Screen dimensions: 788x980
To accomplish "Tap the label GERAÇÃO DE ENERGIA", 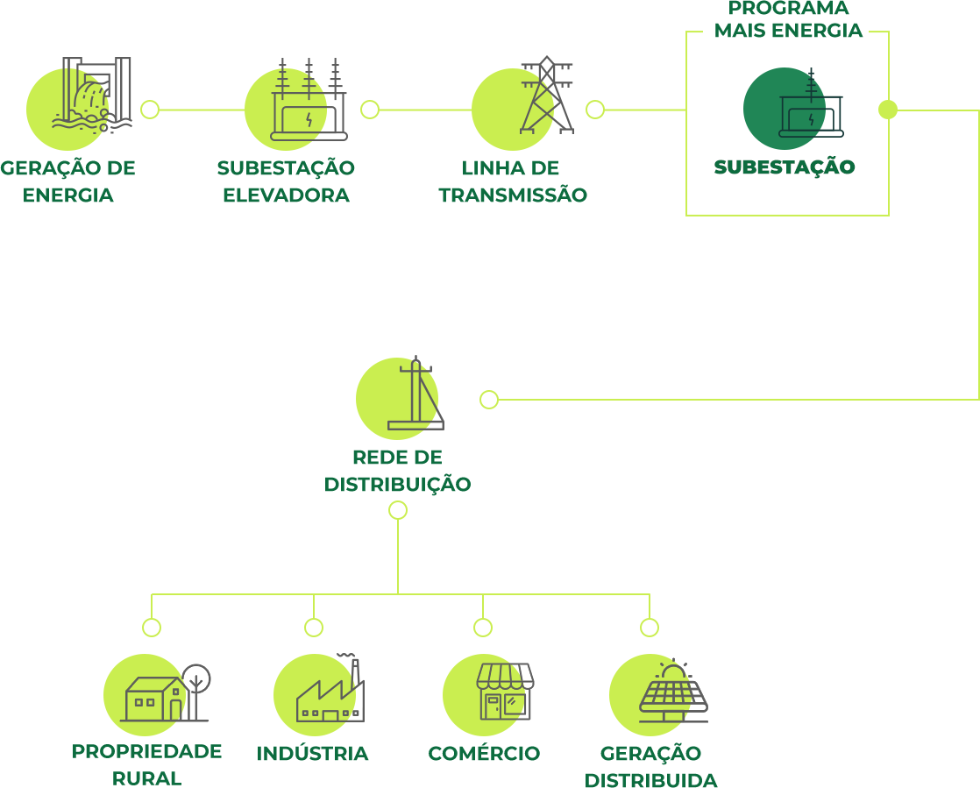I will click(67, 181).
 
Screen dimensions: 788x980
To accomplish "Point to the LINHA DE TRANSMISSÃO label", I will click(512, 181).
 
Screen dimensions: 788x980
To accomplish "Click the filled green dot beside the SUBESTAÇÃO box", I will click(888, 110).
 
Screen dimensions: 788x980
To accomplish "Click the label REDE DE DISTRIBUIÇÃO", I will click(397, 471).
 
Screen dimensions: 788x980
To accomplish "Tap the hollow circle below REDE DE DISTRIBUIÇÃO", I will click(397, 510).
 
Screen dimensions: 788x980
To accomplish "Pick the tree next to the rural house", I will click(196, 680).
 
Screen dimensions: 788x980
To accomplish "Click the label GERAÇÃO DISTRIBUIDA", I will click(650, 767).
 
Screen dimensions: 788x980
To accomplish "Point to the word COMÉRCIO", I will click(484, 754).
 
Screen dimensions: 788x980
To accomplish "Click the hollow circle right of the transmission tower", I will click(595, 110).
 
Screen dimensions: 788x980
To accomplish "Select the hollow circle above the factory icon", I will click(314, 628).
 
